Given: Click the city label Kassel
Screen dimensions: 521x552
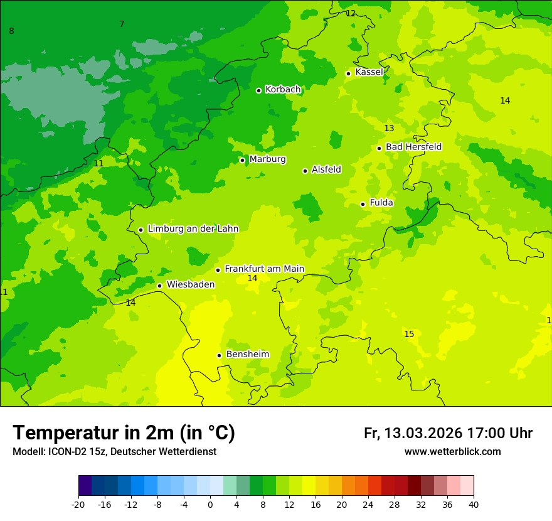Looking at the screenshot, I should pos(369,72).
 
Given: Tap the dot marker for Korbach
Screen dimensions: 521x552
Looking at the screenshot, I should pos(258,90).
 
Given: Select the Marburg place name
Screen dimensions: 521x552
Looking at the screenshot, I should pos(267,159).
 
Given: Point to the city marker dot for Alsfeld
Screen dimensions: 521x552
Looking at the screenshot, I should pos(305,171).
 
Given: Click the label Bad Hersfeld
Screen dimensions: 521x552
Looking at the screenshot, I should pos(413,147).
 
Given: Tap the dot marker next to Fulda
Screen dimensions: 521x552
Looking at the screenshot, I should pos(363,204).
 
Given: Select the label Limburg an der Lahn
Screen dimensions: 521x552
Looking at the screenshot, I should pos(193,229).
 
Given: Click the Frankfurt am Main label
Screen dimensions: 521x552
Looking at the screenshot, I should pos(264,269).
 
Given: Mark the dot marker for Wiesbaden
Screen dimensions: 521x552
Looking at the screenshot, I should pos(159,286).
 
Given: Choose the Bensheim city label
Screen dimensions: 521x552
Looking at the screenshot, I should pos(247,354).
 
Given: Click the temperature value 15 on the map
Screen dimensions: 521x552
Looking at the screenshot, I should pos(409,334).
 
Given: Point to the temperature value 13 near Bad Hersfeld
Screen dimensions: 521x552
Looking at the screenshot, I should pos(389,128).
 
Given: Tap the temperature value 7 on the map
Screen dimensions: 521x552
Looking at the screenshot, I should pos(122,24).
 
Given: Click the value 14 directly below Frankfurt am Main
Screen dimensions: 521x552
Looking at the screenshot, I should pos(252,278).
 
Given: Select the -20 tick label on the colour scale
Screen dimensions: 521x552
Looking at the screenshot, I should pos(78,505).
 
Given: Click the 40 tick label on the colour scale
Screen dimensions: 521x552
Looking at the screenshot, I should pos(474,505).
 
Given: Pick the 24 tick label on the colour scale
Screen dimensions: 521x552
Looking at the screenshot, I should pos(368,505).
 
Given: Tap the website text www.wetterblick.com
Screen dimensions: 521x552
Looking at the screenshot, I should pos(452,452).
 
